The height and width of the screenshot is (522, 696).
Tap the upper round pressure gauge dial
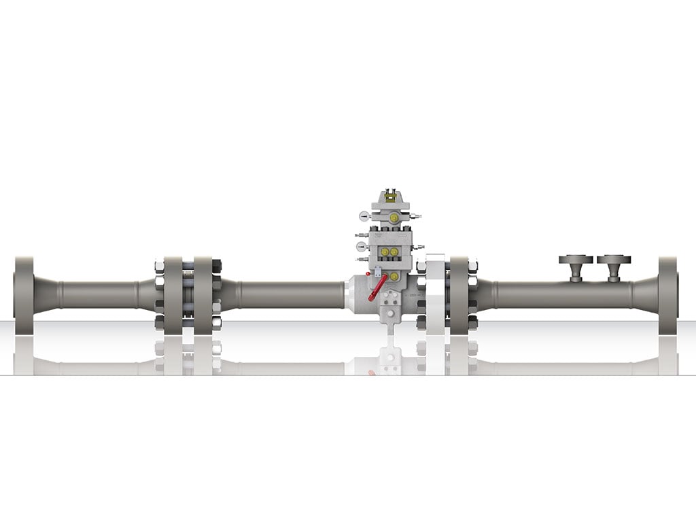pyautogui.click(x=364, y=216)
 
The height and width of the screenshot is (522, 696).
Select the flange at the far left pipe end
pyautogui.click(x=24, y=295)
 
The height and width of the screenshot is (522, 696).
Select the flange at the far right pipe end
pyautogui.click(x=667, y=295)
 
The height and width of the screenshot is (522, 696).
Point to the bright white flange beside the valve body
pyautogui.click(x=435, y=295)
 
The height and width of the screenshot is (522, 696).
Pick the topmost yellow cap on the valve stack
pyautogui.click(x=394, y=217)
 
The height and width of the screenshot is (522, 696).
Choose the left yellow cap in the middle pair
pyautogui.click(x=385, y=252)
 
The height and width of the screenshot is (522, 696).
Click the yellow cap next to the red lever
pyautogui.click(x=394, y=277)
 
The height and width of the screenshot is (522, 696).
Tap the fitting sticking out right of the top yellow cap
pyautogui.click(x=414, y=217)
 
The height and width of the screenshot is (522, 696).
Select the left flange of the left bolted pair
pyautogui.click(x=173, y=295)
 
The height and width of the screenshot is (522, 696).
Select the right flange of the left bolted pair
pyautogui.click(x=203, y=295)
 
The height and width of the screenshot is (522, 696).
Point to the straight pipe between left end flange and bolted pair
pyautogui.click(x=99, y=295)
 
